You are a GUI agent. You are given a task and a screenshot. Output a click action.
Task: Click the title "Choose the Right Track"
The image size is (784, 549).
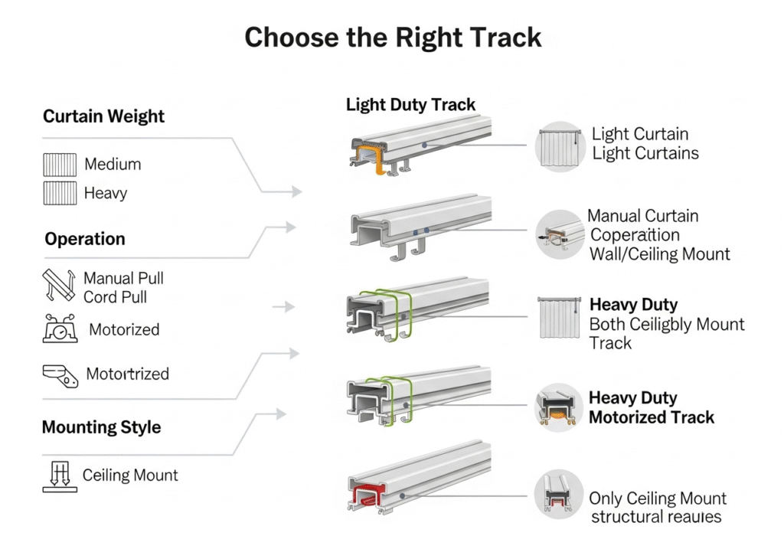pyautogui.click(x=392, y=38)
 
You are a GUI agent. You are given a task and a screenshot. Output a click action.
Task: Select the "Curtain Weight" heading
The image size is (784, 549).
pyautogui.click(x=103, y=116)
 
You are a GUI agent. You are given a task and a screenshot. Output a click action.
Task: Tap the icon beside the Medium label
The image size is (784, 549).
pyautogui.click(x=60, y=165)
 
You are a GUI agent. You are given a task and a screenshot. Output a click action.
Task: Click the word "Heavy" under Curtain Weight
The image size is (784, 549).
pyautogui.click(x=106, y=194)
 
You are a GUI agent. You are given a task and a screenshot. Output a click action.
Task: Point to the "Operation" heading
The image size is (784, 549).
pyautogui.click(x=84, y=239)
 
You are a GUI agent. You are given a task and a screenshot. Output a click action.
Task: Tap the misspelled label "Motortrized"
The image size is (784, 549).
pyautogui.click(x=127, y=374)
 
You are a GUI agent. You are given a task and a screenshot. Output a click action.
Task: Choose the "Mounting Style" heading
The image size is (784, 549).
pyautogui.click(x=101, y=427)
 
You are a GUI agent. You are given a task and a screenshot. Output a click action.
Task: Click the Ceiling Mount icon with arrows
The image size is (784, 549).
pyautogui.click(x=59, y=475)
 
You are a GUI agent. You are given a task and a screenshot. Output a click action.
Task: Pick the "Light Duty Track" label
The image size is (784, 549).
pyautogui.click(x=410, y=105)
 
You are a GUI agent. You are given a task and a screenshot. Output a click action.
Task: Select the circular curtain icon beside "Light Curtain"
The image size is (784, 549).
pyautogui.click(x=559, y=145)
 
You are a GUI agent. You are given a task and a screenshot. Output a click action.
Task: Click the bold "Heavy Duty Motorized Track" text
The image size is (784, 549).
pyautogui.click(x=651, y=408)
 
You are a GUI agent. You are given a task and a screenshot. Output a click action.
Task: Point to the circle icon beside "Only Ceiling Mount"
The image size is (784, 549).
pyautogui.click(x=559, y=494)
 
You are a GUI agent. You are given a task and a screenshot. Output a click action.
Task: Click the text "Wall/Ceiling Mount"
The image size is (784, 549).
pyautogui.click(x=659, y=254)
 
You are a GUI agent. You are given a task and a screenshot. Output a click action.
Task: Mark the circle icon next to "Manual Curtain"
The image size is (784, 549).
pyautogui.click(x=559, y=234)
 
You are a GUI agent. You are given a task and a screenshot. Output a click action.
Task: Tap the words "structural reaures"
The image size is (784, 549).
pyautogui.click(x=655, y=517)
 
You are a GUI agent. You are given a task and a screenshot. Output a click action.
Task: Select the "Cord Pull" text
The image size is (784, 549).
pyautogui.click(x=115, y=297)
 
